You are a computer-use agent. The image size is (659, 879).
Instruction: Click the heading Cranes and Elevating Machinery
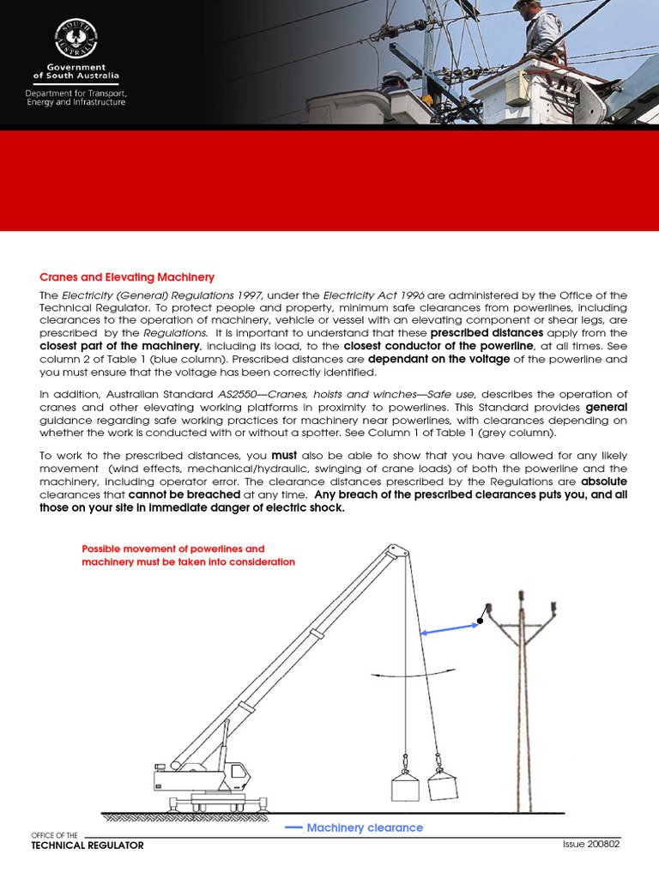pyautogui.click(x=127, y=277)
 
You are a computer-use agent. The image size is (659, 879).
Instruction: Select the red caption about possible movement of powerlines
pyautogui.click(x=188, y=555)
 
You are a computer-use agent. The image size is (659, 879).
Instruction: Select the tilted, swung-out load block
pyautogui.click(x=443, y=783)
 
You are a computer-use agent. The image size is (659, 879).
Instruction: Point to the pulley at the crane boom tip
pyautogui.click(x=394, y=551)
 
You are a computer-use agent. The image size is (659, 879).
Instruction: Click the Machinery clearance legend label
pyautogui.click(x=365, y=827)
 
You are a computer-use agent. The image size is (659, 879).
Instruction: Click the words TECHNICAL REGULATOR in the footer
pyautogui.click(x=88, y=846)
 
